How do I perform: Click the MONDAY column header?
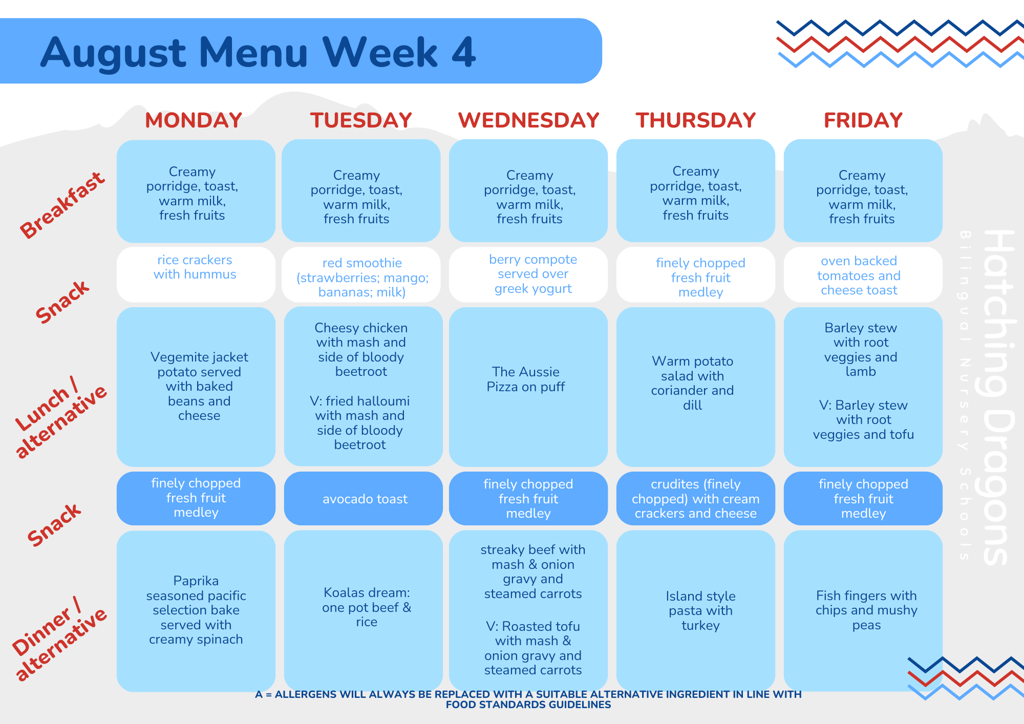pyautogui.click(x=194, y=120)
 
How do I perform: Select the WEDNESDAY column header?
pyautogui.click(x=528, y=120)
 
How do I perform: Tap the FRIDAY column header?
pyautogui.click(x=863, y=120)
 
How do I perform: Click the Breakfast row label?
pyautogui.click(x=62, y=205)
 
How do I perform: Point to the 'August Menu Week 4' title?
pyautogui.click(x=258, y=53)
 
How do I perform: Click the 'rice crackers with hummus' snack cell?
pyautogui.click(x=196, y=274)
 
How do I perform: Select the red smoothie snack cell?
pyautogui.click(x=361, y=275)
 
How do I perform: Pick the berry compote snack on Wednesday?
pyautogui.click(x=528, y=274)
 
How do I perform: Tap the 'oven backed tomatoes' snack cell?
pyautogui.click(x=863, y=274)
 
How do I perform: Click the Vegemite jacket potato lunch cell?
pyautogui.click(x=196, y=387)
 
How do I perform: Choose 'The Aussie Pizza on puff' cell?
pyautogui.click(x=528, y=387)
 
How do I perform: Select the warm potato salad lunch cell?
pyautogui.click(x=696, y=387)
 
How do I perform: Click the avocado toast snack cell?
pyautogui.click(x=364, y=498)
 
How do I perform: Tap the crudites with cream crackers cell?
pyautogui.click(x=696, y=498)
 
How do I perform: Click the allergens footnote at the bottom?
pyautogui.click(x=528, y=699)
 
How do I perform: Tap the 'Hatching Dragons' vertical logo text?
pyautogui.click(x=998, y=397)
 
